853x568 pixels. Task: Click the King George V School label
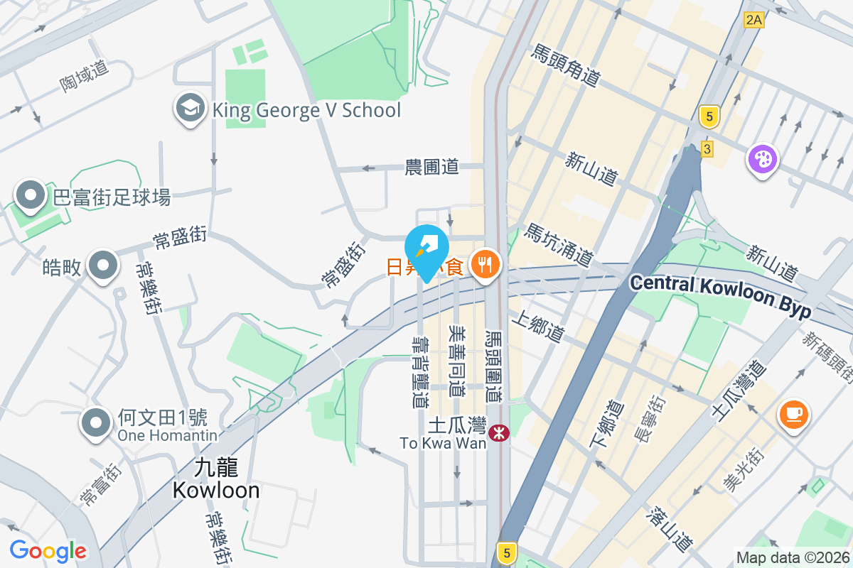(x=306, y=110)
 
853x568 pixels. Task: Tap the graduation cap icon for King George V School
(x=190, y=109)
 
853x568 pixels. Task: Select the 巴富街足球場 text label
(x=112, y=197)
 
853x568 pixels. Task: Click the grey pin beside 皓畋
(x=103, y=266)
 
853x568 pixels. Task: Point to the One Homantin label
(x=168, y=435)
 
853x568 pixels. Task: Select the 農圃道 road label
(x=431, y=167)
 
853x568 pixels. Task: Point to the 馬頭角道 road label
(x=565, y=65)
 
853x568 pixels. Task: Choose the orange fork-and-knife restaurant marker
(x=485, y=265)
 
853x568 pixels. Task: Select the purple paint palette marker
(x=762, y=158)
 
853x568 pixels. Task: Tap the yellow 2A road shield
(x=753, y=20)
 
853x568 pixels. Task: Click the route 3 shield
(x=707, y=148)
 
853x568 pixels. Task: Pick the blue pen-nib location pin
(x=426, y=248)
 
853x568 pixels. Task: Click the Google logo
(x=48, y=550)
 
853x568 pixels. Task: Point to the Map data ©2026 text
(x=792, y=557)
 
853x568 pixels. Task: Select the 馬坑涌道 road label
(x=559, y=245)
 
